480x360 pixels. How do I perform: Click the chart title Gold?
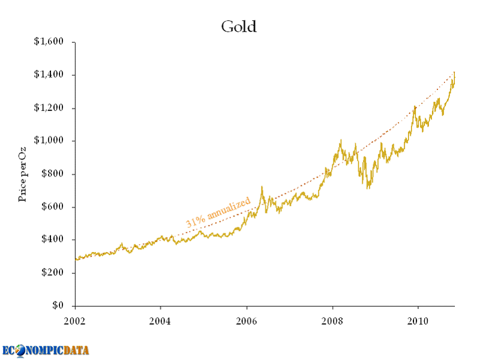coord(239,27)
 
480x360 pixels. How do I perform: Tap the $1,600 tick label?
coord(49,42)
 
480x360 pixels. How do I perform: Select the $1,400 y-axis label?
coord(49,75)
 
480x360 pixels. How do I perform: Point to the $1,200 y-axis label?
coord(49,108)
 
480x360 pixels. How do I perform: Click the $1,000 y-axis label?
coord(49,141)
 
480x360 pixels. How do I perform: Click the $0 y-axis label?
coord(57,306)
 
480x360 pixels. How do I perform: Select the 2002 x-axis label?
coord(75,320)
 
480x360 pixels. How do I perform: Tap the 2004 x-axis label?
coord(161,320)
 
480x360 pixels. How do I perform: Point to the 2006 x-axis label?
coord(247,320)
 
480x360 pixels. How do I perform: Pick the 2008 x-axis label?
coord(332,320)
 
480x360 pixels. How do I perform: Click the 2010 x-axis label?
coord(418,320)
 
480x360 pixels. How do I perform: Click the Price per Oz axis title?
coord(23,174)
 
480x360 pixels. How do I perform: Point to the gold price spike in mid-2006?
coord(262,188)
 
